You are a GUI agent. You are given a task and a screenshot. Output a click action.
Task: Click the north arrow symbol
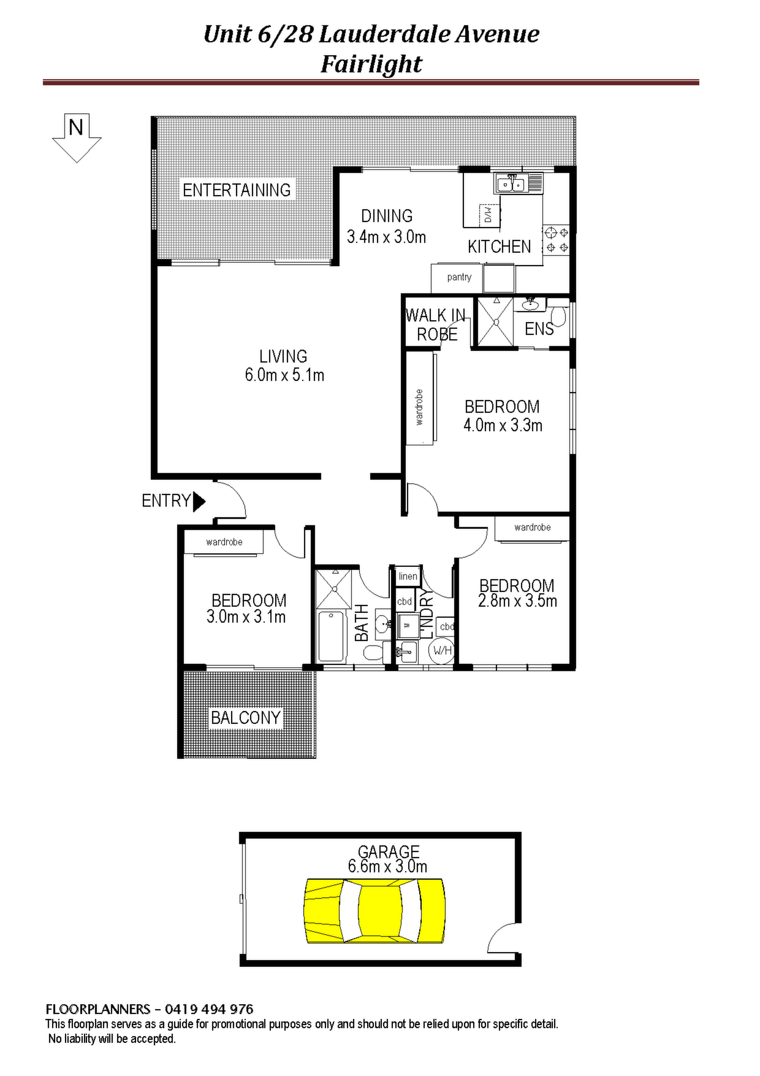click(77, 138)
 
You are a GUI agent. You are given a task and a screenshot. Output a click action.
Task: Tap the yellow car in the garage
click(374, 910)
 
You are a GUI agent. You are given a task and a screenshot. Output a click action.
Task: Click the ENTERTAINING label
click(237, 190)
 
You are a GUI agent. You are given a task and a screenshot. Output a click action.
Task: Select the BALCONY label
click(246, 717)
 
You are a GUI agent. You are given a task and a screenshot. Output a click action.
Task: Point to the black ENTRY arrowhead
click(199, 501)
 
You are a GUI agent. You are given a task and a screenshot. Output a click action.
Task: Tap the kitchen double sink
click(511, 183)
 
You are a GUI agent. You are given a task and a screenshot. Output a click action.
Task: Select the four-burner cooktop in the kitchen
click(557, 240)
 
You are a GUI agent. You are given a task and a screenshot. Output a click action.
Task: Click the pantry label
click(459, 277)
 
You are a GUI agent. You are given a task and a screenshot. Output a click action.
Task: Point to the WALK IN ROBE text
click(436, 325)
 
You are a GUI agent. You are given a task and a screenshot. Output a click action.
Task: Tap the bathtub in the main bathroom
click(332, 636)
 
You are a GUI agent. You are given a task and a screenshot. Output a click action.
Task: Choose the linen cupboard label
click(408, 576)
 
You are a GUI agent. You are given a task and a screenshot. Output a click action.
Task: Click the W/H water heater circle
click(443, 650)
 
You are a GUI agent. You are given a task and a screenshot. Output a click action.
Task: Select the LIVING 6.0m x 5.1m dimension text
click(284, 366)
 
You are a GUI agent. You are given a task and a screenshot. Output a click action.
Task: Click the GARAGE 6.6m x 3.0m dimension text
click(388, 859)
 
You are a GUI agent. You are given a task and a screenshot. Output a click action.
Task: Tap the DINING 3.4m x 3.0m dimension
click(386, 226)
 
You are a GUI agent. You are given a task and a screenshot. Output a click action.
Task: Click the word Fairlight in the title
click(371, 64)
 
